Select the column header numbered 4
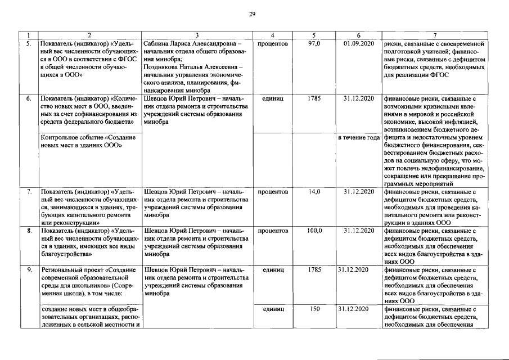(x=272, y=35)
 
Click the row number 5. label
(x=29, y=43)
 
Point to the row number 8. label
(x=29, y=231)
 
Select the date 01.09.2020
(x=358, y=43)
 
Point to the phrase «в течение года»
(x=358, y=138)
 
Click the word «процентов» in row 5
(x=272, y=43)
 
